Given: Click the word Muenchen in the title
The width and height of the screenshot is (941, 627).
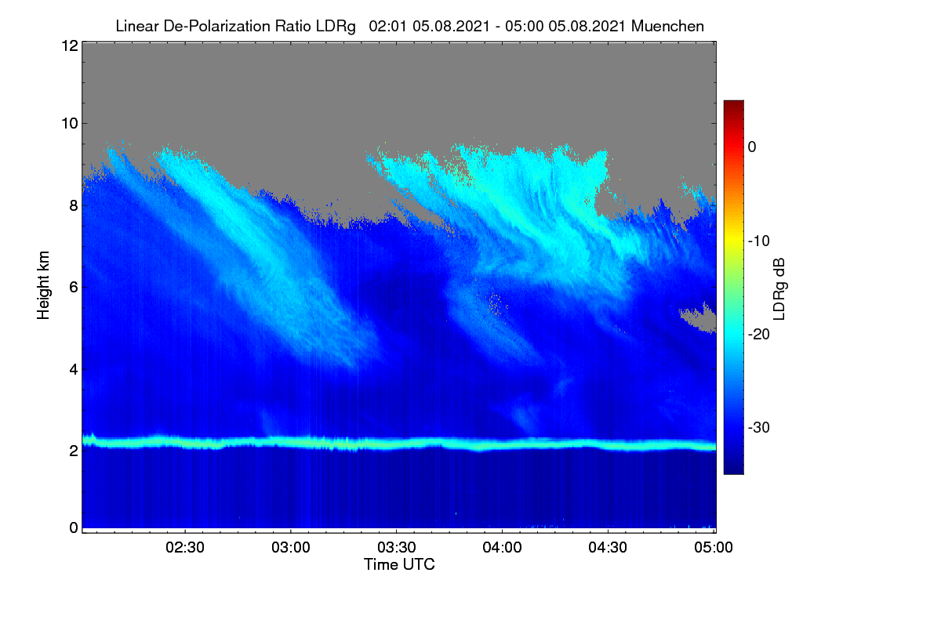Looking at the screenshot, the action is click(667, 27).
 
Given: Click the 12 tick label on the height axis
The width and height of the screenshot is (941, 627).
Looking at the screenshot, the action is click(70, 45).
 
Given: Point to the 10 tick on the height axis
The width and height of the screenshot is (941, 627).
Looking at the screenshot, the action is click(70, 124).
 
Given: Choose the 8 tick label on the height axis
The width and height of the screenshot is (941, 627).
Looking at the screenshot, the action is click(74, 206).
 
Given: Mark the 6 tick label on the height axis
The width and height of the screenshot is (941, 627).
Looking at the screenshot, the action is click(74, 288).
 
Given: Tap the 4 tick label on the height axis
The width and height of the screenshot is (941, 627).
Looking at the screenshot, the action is click(74, 370).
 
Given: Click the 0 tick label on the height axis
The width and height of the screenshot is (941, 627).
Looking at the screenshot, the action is click(74, 528).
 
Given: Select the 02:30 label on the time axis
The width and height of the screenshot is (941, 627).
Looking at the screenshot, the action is click(185, 548).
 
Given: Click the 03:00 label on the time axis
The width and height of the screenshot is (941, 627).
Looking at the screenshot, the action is click(291, 548).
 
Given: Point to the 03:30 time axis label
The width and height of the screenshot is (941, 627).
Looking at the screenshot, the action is click(397, 548).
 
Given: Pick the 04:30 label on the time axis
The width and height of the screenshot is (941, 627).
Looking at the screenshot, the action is click(608, 548).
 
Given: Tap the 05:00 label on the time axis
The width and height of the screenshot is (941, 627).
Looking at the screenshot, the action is click(714, 548).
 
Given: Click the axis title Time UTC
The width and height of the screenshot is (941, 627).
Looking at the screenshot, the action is click(399, 564).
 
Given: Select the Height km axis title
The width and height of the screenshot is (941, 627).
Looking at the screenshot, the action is click(43, 285).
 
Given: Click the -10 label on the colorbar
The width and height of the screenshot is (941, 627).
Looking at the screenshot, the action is click(759, 241).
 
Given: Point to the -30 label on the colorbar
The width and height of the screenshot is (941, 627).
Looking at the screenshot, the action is click(759, 427).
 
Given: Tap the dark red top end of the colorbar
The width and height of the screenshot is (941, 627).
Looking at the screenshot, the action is click(733, 103).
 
